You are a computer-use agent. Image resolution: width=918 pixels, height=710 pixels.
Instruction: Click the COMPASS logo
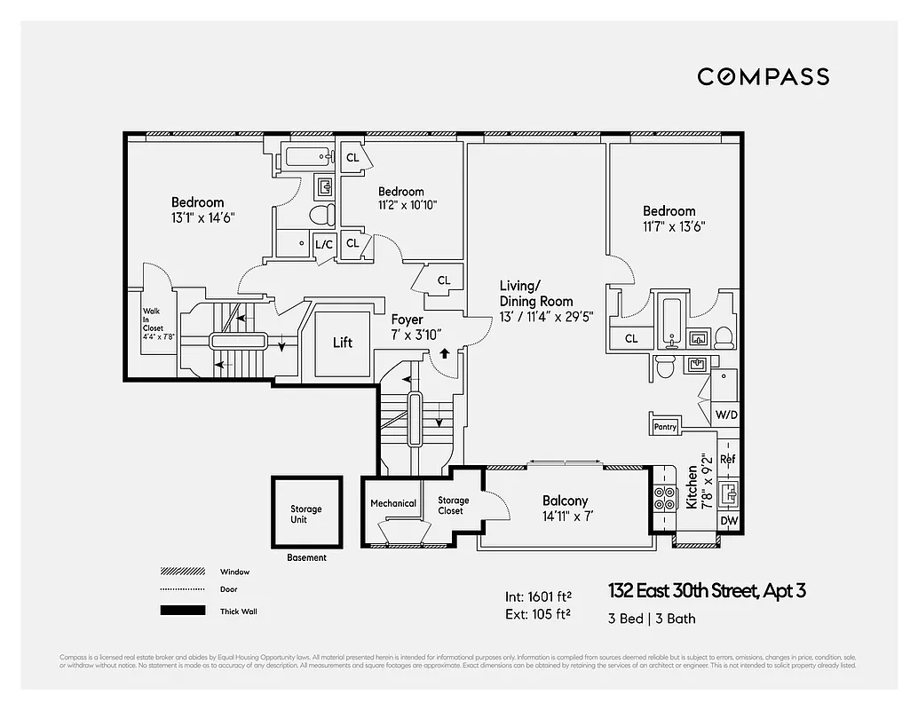763,76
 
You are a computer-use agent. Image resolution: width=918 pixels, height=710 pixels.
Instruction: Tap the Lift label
343,343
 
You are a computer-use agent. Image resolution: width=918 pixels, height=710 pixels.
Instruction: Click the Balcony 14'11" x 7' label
566,508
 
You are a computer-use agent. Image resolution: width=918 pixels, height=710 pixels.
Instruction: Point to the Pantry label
665,427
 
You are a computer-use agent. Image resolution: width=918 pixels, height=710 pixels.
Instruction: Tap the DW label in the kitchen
728,521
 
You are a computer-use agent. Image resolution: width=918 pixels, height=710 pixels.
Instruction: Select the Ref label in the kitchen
728,459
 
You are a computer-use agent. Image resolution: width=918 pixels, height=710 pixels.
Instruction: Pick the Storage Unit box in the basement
306,514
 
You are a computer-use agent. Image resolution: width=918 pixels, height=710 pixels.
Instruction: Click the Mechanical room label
393,503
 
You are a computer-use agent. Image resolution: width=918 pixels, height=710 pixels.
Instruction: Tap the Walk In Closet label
153,324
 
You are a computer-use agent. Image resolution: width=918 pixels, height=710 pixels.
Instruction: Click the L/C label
324,244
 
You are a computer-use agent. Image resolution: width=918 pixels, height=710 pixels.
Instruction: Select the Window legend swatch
182,572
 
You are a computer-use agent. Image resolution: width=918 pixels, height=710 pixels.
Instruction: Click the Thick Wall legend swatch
182,611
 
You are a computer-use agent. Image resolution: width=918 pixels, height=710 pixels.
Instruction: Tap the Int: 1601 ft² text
536,596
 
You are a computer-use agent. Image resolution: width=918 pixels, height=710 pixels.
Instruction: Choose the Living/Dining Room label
535,300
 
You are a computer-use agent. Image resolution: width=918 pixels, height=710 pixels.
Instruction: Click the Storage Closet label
453,506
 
